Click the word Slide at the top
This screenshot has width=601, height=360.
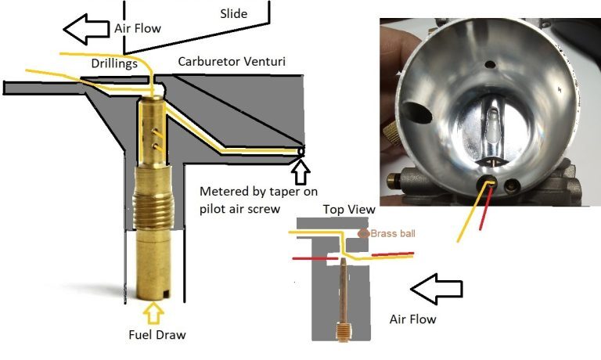234,14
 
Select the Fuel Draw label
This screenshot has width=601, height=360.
156,335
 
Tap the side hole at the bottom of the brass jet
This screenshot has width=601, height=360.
164,293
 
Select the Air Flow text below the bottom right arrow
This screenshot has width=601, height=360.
412,319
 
